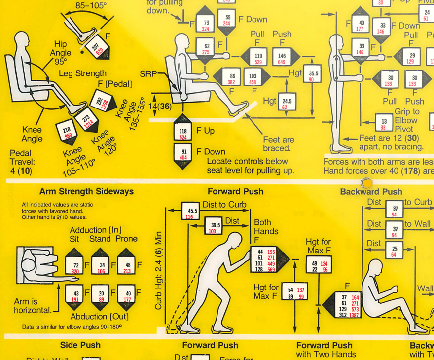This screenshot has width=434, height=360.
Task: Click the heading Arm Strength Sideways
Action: pyautogui.click(x=86, y=191)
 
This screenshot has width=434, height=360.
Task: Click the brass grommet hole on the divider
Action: pyautogui.click(x=366, y=183)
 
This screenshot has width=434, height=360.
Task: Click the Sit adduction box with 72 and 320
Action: pyautogui.click(x=75, y=268)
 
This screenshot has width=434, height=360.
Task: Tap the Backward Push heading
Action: pyautogui.click(x=371, y=192)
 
